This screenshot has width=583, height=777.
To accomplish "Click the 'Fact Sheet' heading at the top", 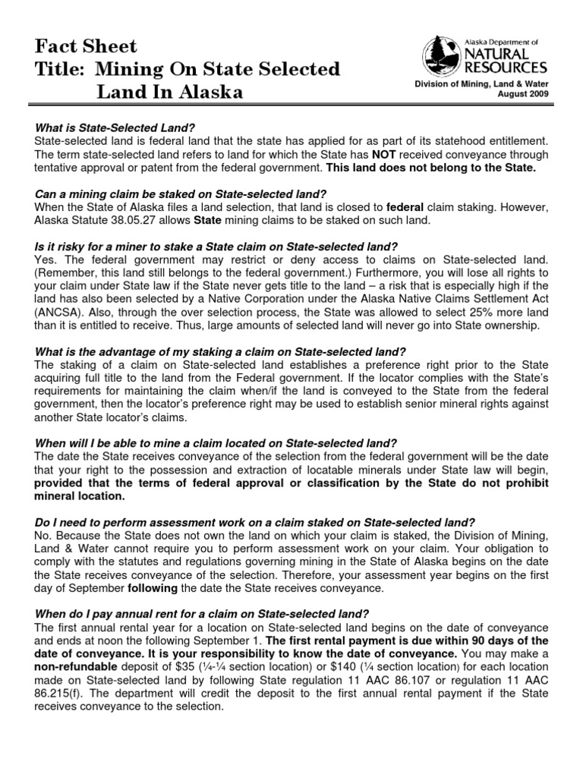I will point(87,46).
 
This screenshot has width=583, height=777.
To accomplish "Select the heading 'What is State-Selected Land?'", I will point(120,127).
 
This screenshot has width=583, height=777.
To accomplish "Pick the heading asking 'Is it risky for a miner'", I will point(216,247).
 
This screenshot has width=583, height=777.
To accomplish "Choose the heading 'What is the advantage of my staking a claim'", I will point(221,351).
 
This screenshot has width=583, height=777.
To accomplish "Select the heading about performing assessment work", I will point(255,522).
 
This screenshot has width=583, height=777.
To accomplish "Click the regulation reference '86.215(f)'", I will point(59,693).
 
